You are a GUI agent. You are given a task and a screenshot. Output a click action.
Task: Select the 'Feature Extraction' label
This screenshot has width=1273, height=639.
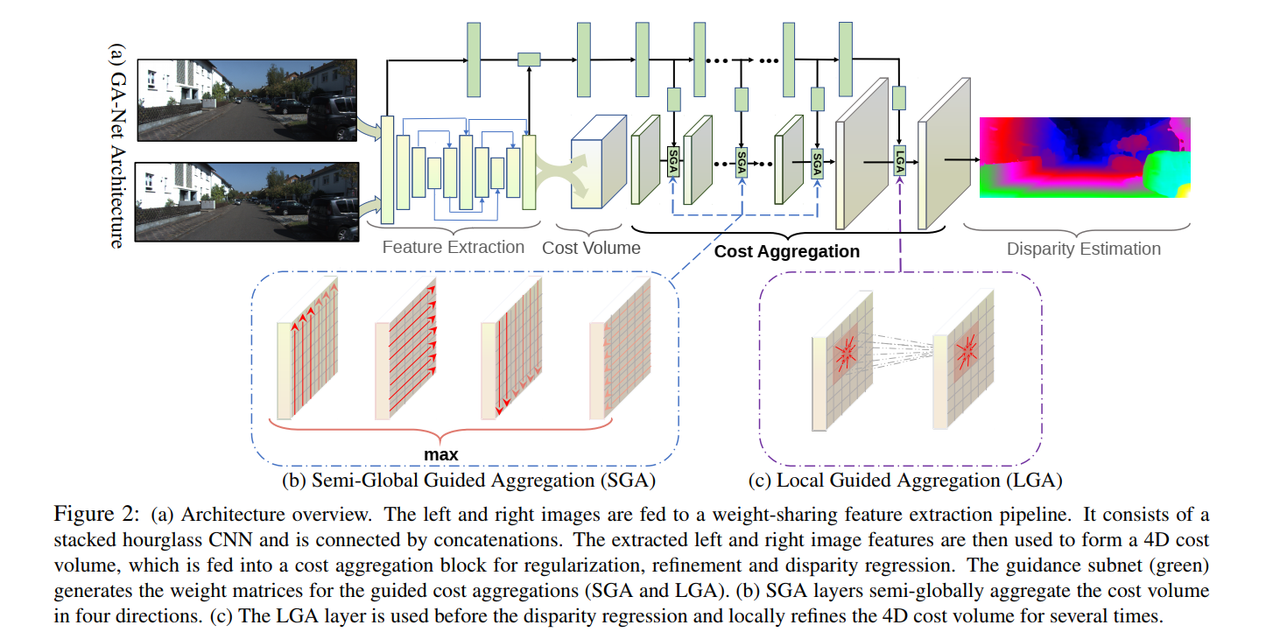tap(453, 247)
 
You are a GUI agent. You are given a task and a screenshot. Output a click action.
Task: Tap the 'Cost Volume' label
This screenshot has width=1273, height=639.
tap(591, 248)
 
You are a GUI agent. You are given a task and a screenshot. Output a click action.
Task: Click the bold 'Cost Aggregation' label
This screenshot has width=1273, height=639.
tap(787, 251)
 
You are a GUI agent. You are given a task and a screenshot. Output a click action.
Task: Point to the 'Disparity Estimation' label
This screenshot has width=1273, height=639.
tap(1083, 249)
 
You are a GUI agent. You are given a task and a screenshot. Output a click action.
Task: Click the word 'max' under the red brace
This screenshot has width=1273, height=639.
tap(441, 454)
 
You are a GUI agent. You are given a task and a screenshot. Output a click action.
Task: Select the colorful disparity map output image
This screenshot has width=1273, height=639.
tap(1085, 157)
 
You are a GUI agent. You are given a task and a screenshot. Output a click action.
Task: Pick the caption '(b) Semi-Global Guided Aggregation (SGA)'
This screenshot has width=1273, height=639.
tap(468, 480)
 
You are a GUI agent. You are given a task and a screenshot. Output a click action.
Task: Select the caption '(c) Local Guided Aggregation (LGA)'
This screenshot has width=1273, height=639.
tap(905, 480)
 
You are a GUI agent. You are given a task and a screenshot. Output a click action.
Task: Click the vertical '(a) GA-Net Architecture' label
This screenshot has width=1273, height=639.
tap(116, 144)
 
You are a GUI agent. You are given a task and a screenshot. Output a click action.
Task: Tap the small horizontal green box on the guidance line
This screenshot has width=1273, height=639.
tap(529, 60)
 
